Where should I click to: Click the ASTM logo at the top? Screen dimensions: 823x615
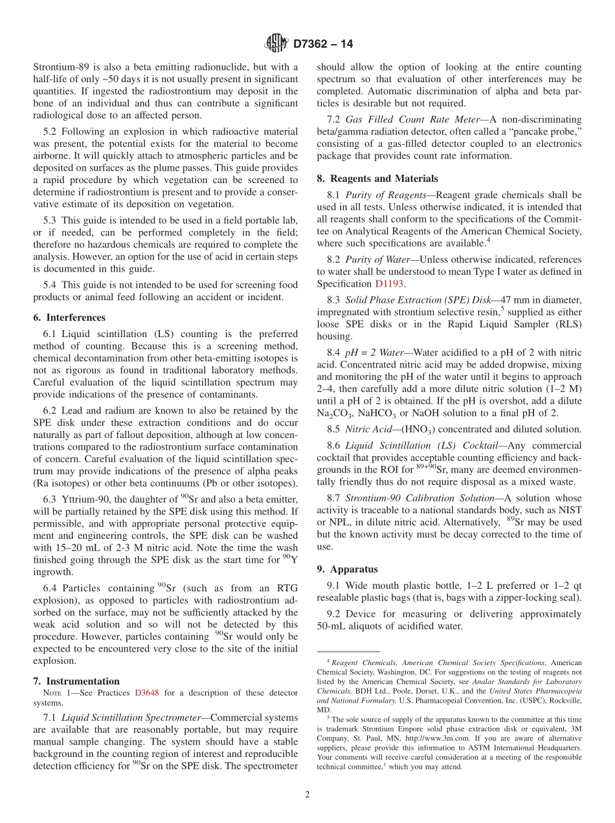276,45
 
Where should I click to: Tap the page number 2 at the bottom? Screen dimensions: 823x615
307,795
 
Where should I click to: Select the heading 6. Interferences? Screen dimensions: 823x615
69,318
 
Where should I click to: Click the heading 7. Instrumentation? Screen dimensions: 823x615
76,681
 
